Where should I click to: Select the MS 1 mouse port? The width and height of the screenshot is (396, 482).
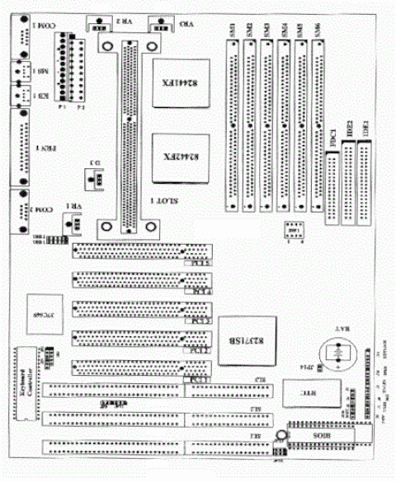[18, 72]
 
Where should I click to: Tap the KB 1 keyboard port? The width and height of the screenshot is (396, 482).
[18, 96]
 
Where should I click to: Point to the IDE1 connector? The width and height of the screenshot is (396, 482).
[364, 181]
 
